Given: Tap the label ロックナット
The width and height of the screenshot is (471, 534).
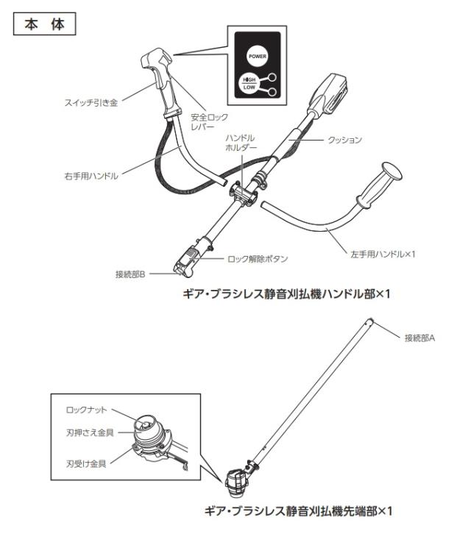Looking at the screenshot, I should [86, 406].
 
